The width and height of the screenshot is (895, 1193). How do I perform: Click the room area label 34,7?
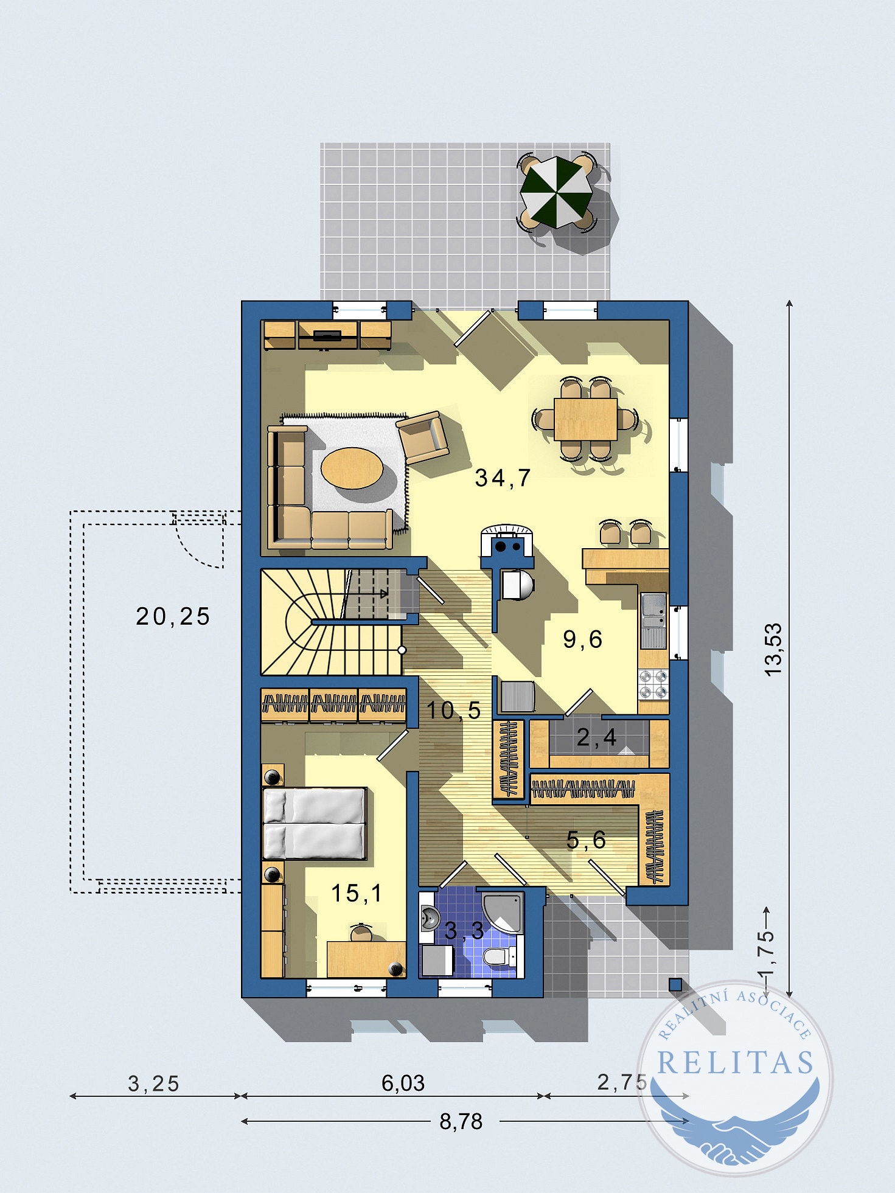tap(503, 478)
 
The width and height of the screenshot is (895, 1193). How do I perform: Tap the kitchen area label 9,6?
tap(582, 639)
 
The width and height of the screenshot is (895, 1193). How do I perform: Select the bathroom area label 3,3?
tap(464, 930)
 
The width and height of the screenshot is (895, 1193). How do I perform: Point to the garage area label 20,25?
tap(173, 617)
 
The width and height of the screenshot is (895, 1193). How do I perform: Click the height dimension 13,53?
tap(773, 649)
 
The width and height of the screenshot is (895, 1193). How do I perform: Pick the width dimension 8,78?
tap(461, 1121)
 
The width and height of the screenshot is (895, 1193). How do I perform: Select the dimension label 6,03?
tap(403, 1083)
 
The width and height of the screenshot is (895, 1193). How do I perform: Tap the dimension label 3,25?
tap(153, 1083)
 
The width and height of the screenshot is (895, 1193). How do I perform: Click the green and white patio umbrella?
tap(556, 192)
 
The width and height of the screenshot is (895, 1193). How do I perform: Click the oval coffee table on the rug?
tap(352, 468)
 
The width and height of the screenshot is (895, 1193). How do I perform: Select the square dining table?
tap(585, 419)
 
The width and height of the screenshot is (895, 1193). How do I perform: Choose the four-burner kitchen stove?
tap(653, 684)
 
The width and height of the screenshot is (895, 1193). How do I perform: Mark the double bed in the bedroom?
tap(314, 823)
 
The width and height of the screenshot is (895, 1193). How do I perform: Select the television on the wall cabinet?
tap(327, 334)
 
